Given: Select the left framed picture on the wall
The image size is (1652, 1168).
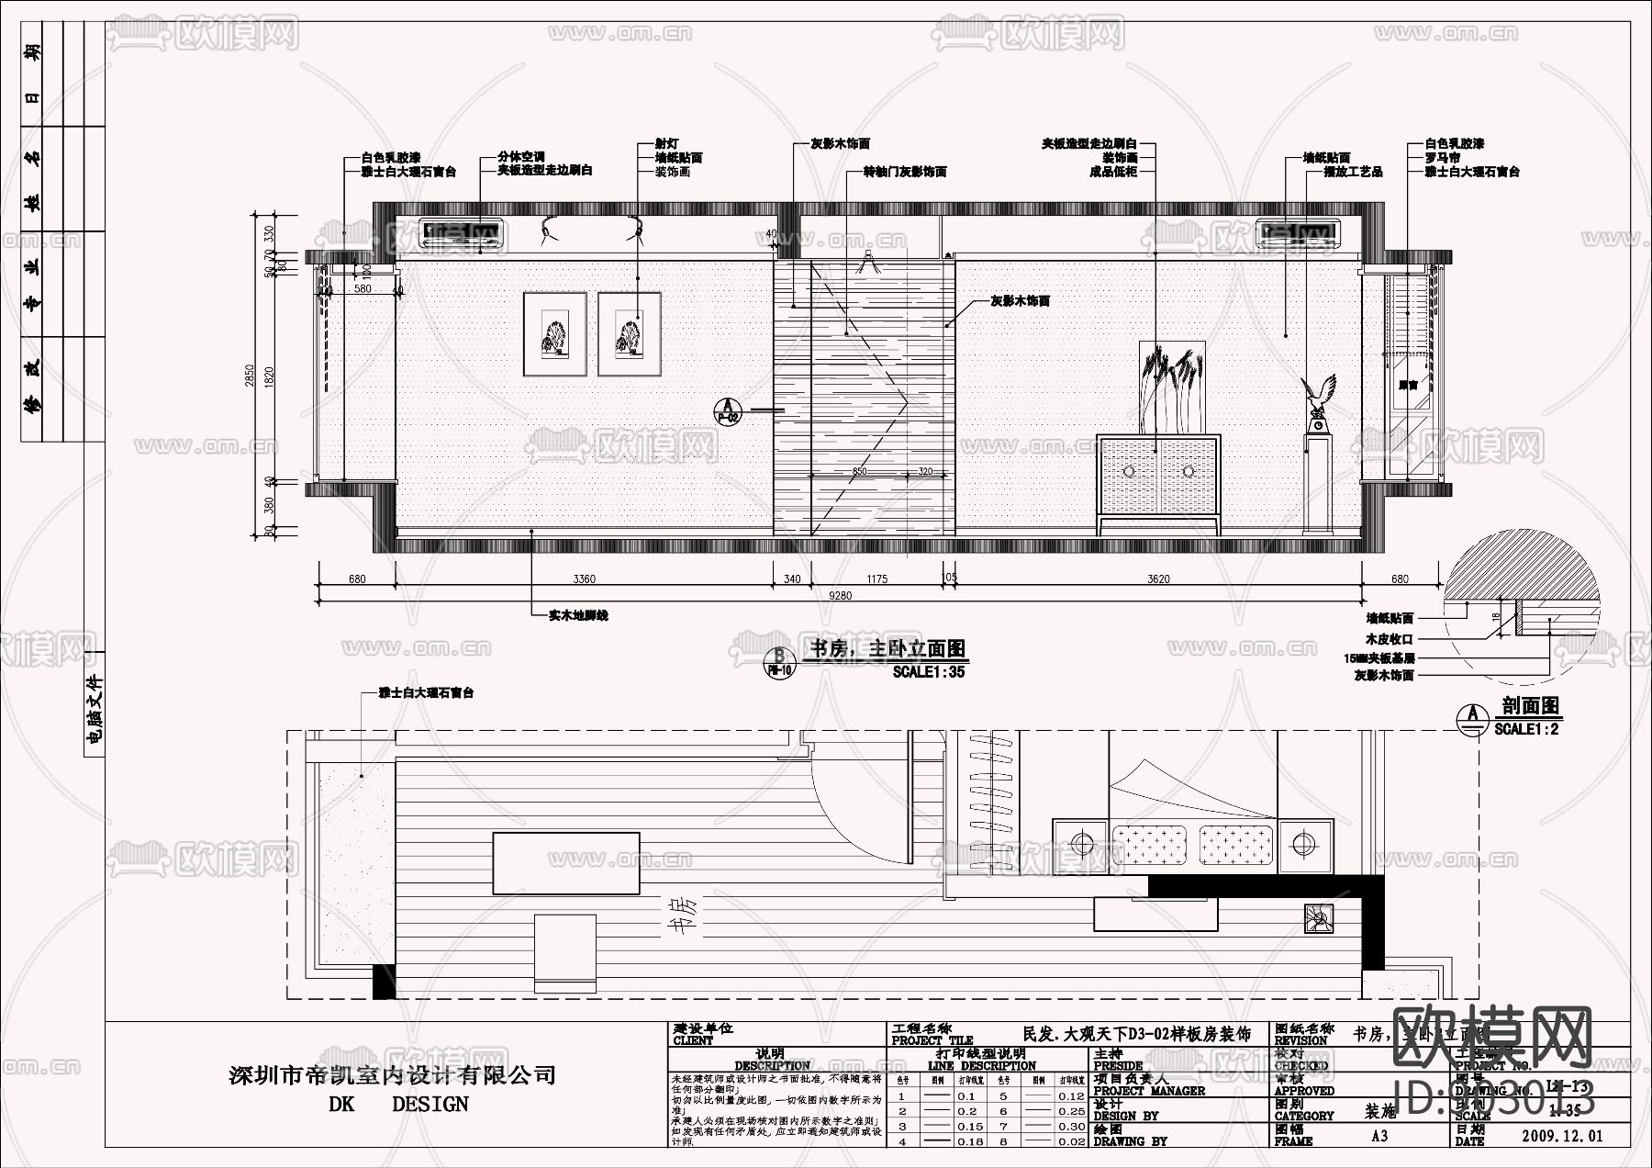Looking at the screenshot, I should pos(555,333).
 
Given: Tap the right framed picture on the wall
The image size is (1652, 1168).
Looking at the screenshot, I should pos(630,333).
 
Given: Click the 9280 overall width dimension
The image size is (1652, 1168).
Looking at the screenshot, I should pos(840,596).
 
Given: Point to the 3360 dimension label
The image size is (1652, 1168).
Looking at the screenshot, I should pos(584,579).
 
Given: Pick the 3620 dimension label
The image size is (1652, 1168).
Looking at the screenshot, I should pos(1158,579).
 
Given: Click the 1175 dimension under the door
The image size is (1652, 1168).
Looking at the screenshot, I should pos(877,579).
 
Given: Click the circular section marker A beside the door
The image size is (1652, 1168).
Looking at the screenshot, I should pos(728,410).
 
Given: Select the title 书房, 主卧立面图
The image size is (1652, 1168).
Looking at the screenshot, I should pos(886,649).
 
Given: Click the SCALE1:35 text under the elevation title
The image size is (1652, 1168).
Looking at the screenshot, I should pos(929,672).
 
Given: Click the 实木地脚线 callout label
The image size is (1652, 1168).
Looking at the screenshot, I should pos(578,615).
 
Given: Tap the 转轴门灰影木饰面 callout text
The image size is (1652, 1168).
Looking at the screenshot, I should pos(905,172).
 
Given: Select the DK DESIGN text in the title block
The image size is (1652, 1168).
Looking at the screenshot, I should pos(398,1105).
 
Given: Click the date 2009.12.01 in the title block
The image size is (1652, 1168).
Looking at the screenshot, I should pos(1562,1136).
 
